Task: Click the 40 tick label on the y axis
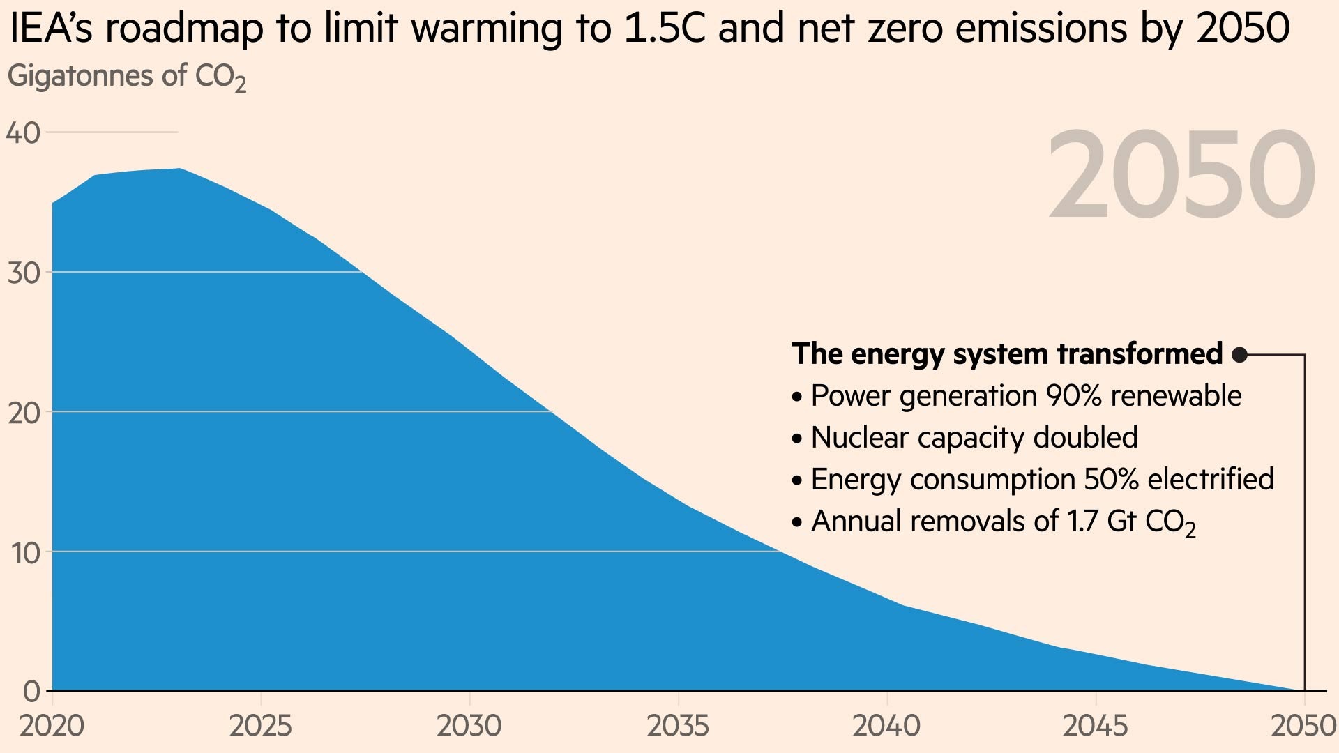23,132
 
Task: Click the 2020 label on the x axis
52,727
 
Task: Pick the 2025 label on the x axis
260,727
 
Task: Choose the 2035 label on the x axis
678,727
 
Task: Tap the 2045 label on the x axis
1095,727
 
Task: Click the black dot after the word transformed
1239,355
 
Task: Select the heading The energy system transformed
1007,354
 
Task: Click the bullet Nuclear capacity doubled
974,438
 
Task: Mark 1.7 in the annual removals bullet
1082,522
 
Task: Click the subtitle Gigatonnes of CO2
126,76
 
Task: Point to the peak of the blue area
179,169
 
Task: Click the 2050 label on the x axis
1303,727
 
